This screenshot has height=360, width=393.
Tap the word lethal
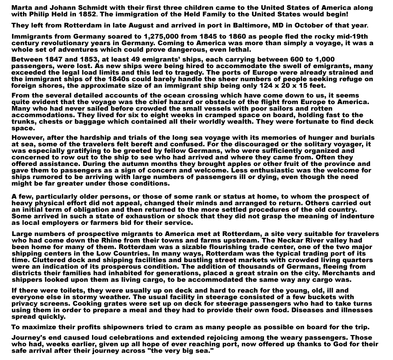coord(240,50)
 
